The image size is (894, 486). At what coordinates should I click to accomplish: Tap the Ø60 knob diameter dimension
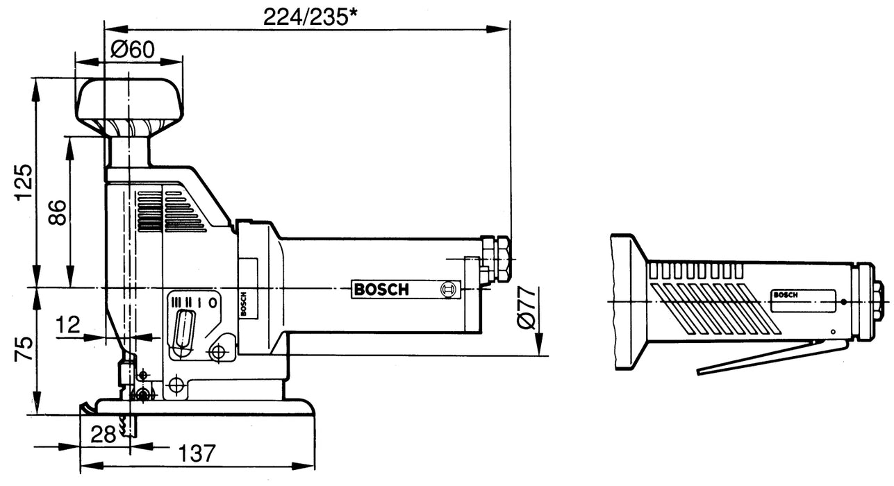132,50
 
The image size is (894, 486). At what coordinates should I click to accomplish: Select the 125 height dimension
24,182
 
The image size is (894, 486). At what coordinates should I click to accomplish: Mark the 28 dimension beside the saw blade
104,435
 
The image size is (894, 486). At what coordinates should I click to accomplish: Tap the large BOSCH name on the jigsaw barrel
381,290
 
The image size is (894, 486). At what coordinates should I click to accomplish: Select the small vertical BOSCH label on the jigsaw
244,303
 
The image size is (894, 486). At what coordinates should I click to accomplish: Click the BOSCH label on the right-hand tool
786,294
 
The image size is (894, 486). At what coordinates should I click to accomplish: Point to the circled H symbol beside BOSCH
449,290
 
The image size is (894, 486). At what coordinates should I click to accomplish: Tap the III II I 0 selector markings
194,302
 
